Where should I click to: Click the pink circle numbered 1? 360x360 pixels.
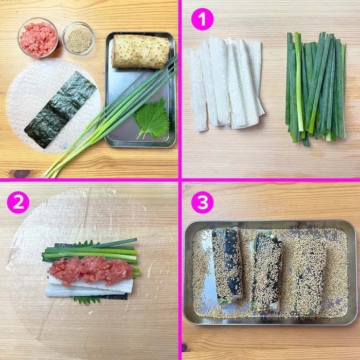tap(202, 20)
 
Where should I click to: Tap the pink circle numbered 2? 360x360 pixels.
tap(18, 203)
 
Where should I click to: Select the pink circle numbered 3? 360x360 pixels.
tap(202, 203)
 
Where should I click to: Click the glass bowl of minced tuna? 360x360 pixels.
tap(38, 38)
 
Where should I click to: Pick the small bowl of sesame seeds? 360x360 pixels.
tap(78, 39)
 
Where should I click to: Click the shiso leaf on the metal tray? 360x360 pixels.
tap(152, 119)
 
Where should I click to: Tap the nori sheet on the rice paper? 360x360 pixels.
tap(60, 110)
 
